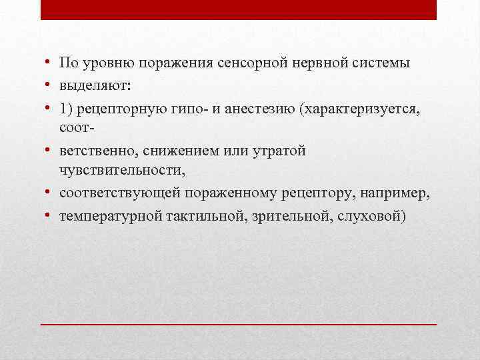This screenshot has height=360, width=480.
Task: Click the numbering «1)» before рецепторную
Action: [x=66, y=107]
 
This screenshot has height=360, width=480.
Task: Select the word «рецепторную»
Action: [x=118, y=107]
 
